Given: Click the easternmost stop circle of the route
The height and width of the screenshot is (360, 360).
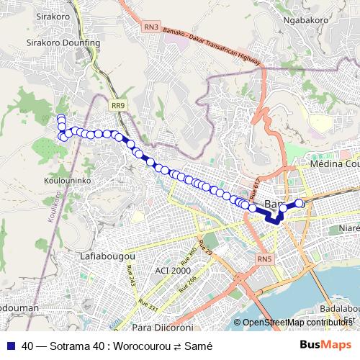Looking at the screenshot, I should click(x=300, y=204).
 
